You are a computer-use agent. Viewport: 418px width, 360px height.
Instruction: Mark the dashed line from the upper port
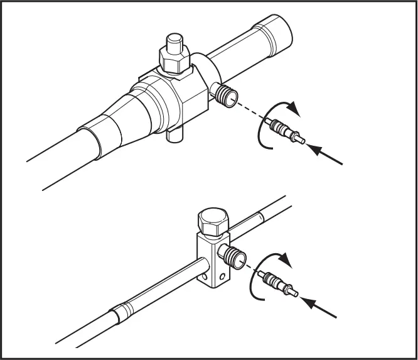click(250, 112)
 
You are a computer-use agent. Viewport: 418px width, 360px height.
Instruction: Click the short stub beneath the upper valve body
click(175, 135)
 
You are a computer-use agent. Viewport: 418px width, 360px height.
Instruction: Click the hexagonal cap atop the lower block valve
click(213, 221)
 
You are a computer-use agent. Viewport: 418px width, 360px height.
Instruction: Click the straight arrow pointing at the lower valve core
click(321, 306)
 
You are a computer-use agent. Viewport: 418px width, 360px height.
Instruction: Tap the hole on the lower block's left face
click(206, 274)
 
